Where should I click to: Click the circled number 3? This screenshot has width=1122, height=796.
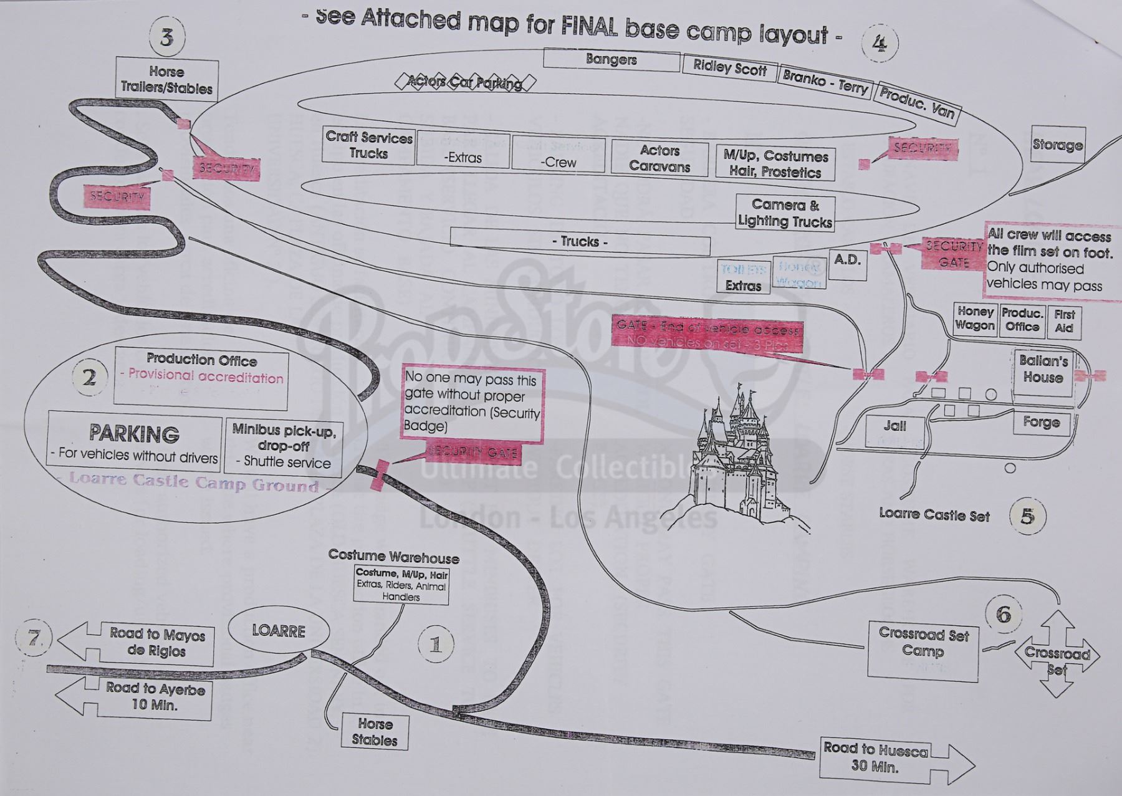[x=166, y=37]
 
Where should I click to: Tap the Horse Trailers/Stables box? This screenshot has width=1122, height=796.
[x=167, y=80]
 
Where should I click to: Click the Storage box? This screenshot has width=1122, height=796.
[x=1058, y=145]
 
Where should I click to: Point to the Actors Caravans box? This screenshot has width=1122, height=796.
[x=659, y=158]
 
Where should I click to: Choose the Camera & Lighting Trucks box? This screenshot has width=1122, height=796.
[x=785, y=213]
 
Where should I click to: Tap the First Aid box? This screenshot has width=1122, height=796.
[x=1065, y=321]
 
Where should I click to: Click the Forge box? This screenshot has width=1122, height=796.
[x=1041, y=423]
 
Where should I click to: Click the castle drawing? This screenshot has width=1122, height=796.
[x=742, y=461]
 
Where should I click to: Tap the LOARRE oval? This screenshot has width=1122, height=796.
[x=279, y=631]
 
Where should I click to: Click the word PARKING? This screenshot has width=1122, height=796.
[x=134, y=433]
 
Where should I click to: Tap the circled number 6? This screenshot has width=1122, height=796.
[x=1004, y=615]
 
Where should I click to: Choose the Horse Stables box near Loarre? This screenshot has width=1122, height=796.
[x=375, y=732]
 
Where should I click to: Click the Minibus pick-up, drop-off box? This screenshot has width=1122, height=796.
[x=284, y=446]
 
